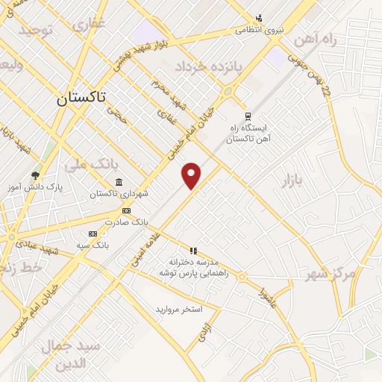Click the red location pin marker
click(192, 175)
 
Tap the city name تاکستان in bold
click(81, 98)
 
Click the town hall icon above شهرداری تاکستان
click(119, 183)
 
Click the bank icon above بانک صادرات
click(126, 211)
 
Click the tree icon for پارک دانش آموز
click(35, 175)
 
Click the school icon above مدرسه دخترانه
click(193, 251)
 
